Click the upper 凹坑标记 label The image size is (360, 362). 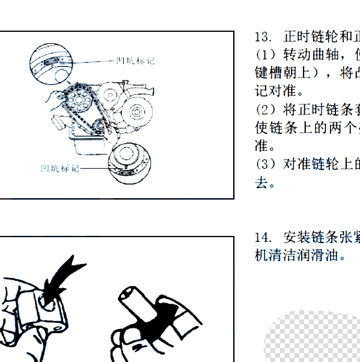click(136, 61)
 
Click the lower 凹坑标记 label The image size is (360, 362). click(60, 169)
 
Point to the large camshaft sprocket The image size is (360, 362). click(78, 96)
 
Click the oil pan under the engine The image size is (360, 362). click(87, 146)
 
